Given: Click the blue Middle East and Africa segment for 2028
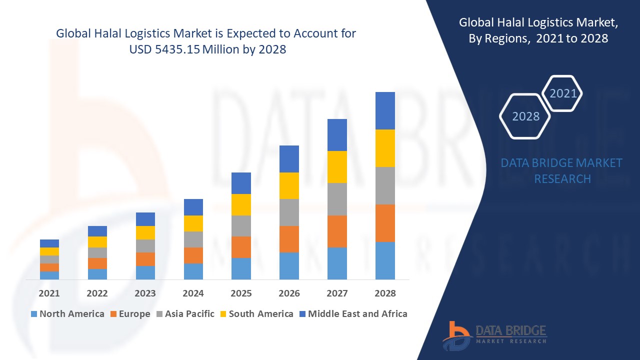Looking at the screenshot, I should tap(385, 110).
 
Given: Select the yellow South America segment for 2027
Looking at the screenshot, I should tap(337, 167).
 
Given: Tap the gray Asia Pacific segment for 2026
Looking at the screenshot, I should tap(289, 212).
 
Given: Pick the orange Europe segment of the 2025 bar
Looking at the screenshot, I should tap(241, 247).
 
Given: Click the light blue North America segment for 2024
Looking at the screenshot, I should tap(193, 271).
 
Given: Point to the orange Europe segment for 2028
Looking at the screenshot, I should tap(385, 223).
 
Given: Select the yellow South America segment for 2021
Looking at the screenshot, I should tap(49, 251).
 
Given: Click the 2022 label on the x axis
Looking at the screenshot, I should tap(97, 293).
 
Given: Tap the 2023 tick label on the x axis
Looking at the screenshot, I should tap(145, 293).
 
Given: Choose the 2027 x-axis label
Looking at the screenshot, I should tap(337, 293).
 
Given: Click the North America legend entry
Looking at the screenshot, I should tap(67, 314).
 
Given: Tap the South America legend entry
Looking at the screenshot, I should tap(256, 314).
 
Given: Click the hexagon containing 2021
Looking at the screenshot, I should tap(563, 93).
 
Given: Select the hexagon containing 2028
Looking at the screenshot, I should tap(525, 116).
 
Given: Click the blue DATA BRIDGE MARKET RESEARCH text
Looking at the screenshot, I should tap(561, 171).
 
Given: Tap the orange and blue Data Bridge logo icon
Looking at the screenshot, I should tap(456, 335).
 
